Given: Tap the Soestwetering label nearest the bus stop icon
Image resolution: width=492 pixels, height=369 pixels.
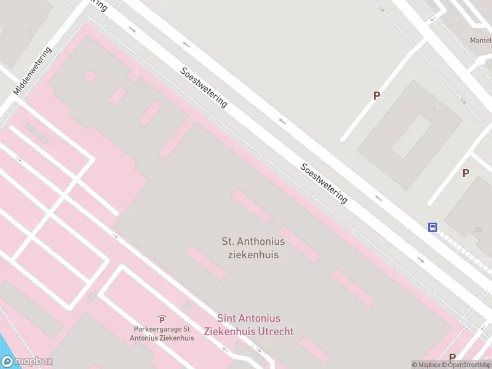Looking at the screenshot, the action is coord(324,183).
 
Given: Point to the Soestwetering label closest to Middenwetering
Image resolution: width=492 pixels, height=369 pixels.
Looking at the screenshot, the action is coord(204,87).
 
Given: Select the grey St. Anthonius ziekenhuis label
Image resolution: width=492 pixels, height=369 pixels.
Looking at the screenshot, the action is coord(253,247).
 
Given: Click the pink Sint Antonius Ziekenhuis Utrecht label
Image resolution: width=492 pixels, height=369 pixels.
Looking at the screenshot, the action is coord(255,325).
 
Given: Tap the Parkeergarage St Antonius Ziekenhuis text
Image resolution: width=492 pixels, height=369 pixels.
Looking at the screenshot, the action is coord(162,334).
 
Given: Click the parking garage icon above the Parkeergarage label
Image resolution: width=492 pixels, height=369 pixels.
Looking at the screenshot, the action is coord(162,319).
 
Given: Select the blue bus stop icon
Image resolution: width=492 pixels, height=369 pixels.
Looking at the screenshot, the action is coord(433,227).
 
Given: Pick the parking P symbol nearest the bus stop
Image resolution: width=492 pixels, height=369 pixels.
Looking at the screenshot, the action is coord(466,173).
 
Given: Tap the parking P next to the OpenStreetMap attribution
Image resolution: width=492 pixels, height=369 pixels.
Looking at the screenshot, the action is coord(452,357).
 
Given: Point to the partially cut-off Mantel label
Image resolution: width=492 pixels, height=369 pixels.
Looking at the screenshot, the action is coord(480,41).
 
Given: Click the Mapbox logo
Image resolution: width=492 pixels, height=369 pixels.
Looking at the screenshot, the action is coord(27,362).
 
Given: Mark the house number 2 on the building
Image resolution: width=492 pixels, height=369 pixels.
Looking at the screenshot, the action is coord(434,109).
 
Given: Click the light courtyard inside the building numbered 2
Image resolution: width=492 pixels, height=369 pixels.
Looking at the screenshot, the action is coord(411,137).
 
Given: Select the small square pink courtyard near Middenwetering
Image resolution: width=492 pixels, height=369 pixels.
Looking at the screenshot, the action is coord(90,76).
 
